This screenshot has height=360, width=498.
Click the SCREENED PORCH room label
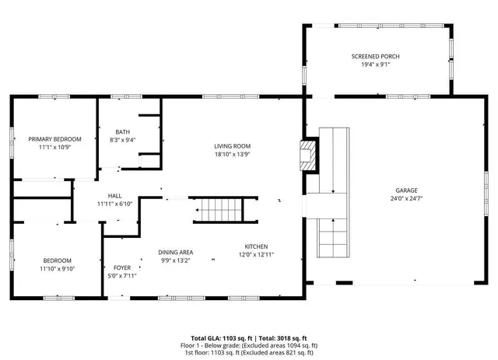(x=376, y=57)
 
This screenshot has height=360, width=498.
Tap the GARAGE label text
(x=406, y=190)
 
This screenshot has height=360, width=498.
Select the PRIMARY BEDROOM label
(x=55, y=139)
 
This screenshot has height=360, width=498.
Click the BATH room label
(x=123, y=131)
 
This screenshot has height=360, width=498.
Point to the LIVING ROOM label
(x=232, y=145)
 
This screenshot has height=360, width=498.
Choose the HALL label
(x=115, y=196)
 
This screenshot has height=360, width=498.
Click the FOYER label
(x=123, y=267)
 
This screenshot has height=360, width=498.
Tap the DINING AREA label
(x=176, y=252)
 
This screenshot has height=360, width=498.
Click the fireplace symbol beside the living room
(x=310, y=154)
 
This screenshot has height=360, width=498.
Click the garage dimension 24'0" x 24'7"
(x=406, y=199)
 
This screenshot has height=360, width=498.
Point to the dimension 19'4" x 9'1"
(x=376, y=65)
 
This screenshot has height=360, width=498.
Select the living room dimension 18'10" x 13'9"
(x=232, y=154)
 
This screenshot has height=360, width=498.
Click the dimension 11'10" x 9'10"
(x=58, y=269)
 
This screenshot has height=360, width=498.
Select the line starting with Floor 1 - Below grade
(x=249, y=344)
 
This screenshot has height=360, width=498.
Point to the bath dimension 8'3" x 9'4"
(x=123, y=140)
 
